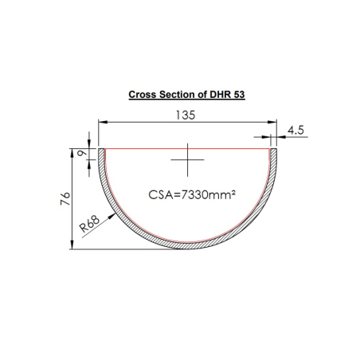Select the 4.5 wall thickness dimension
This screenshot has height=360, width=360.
click(x=296, y=131)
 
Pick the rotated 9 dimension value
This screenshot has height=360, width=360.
click(x=80, y=155)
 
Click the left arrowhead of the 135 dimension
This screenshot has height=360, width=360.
click(x=101, y=123)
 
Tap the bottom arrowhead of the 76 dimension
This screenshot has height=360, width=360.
click(x=73, y=246)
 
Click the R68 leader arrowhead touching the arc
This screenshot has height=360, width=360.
click(x=112, y=211)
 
